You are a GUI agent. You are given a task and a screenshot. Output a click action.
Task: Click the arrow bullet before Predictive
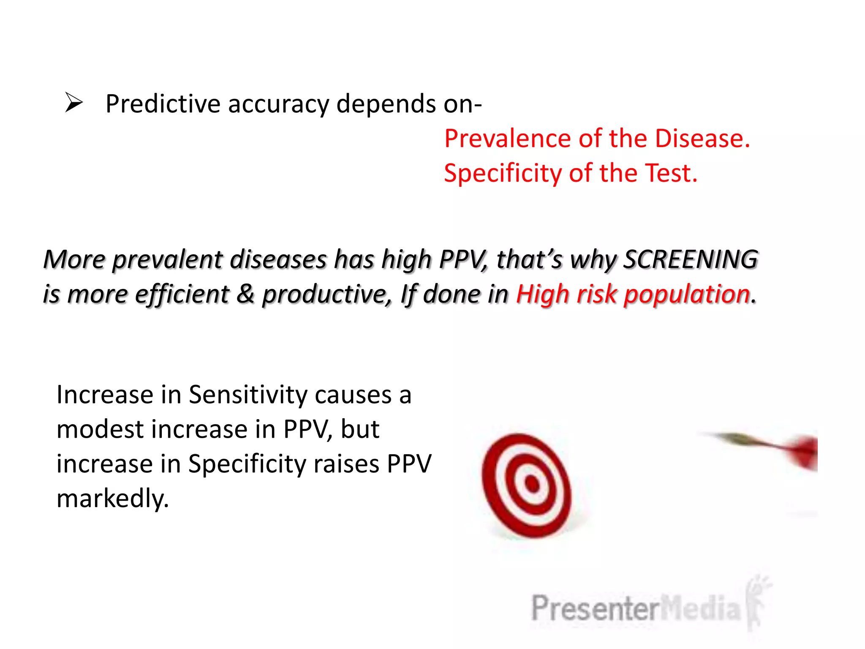[x=74, y=103]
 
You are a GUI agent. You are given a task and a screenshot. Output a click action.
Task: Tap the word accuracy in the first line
[x=278, y=105]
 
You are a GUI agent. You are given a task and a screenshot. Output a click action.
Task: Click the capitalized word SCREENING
[x=691, y=259]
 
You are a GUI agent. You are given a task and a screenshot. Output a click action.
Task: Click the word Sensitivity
[x=248, y=395]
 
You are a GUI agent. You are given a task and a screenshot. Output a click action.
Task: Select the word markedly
[x=112, y=499]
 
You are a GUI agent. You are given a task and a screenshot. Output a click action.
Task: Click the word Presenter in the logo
[x=595, y=608]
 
